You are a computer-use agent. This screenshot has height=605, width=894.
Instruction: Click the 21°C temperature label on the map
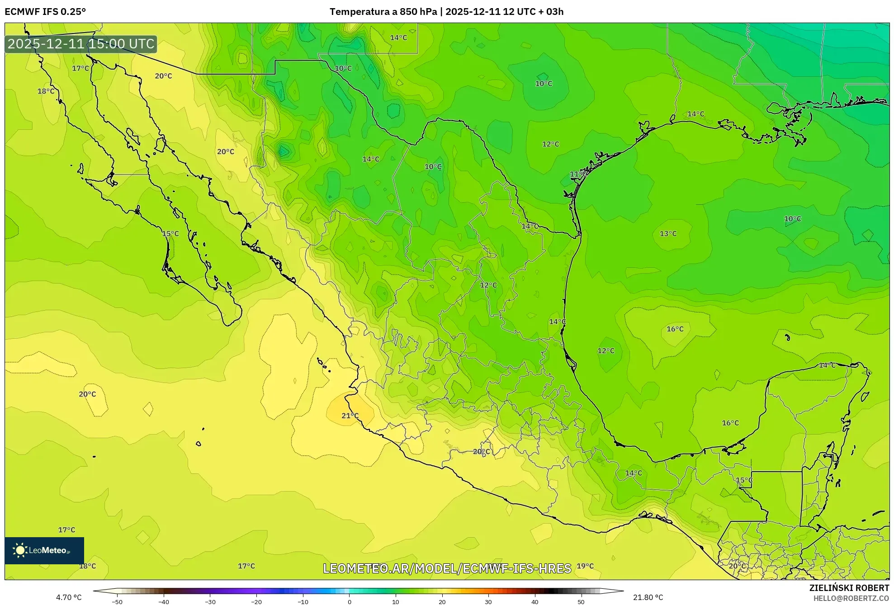click(x=350, y=416)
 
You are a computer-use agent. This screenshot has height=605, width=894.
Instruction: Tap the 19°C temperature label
click(x=585, y=566)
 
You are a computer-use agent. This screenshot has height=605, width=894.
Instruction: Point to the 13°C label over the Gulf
click(x=668, y=234)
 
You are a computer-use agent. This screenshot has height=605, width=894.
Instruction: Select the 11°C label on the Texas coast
click(x=578, y=174)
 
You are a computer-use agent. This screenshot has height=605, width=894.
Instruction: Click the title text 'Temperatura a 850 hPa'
click(x=383, y=12)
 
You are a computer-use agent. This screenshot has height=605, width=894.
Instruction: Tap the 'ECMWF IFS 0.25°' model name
click(x=45, y=12)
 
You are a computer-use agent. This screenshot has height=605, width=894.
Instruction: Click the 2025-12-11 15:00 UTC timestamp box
click(x=81, y=44)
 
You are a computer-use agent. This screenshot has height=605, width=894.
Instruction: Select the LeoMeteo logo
click(x=44, y=550)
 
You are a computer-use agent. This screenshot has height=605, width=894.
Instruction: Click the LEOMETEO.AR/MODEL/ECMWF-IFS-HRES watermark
click(x=447, y=568)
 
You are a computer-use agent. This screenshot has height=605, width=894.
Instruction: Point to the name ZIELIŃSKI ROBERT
click(x=849, y=588)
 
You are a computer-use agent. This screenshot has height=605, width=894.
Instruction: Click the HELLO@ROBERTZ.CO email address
click(x=851, y=598)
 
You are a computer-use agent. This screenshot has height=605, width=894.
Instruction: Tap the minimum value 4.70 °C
click(x=69, y=597)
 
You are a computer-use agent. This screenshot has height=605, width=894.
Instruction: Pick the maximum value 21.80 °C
click(x=648, y=597)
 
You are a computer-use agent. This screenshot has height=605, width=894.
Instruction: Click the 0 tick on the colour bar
click(x=349, y=601)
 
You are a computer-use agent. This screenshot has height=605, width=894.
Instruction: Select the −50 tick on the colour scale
click(x=117, y=601)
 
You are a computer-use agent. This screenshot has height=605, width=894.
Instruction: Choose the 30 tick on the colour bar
click(x=488, y=601)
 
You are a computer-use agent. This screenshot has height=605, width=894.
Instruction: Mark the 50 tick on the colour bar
click(x=581, y=601)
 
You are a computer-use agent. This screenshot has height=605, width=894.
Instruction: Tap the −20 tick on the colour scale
click(x=256, y=601)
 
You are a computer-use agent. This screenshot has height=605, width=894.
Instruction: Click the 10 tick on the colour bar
click(x=396, y=601)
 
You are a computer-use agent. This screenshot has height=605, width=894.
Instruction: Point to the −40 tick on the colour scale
click(x=164, y=601)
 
